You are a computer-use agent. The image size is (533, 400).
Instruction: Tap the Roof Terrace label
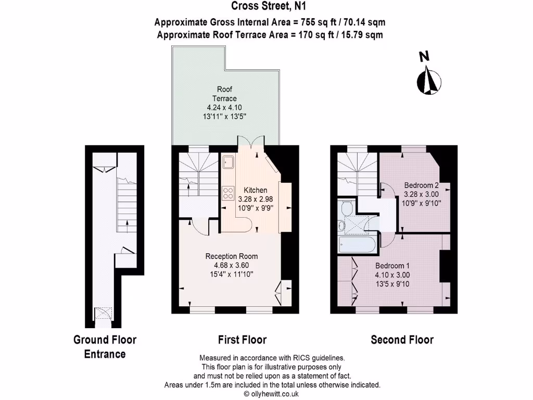coord(224,94)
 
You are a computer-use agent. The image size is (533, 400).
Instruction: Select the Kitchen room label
coord(255,190)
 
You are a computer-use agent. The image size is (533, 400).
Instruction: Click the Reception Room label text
coord(231,256)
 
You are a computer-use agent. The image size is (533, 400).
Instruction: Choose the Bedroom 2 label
coord(422,185)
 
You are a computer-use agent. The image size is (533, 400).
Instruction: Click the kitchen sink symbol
coord(227,162)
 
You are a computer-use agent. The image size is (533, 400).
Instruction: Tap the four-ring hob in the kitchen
coord(227,193)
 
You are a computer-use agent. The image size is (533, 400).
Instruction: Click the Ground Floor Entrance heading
coord(105,347)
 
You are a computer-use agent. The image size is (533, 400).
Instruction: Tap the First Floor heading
coord(242,340)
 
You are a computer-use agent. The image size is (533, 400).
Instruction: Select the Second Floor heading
coord(402,340)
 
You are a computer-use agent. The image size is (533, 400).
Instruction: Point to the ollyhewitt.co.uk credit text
coord(273,394)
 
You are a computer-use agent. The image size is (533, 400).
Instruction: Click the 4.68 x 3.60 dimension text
coord(231,265)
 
